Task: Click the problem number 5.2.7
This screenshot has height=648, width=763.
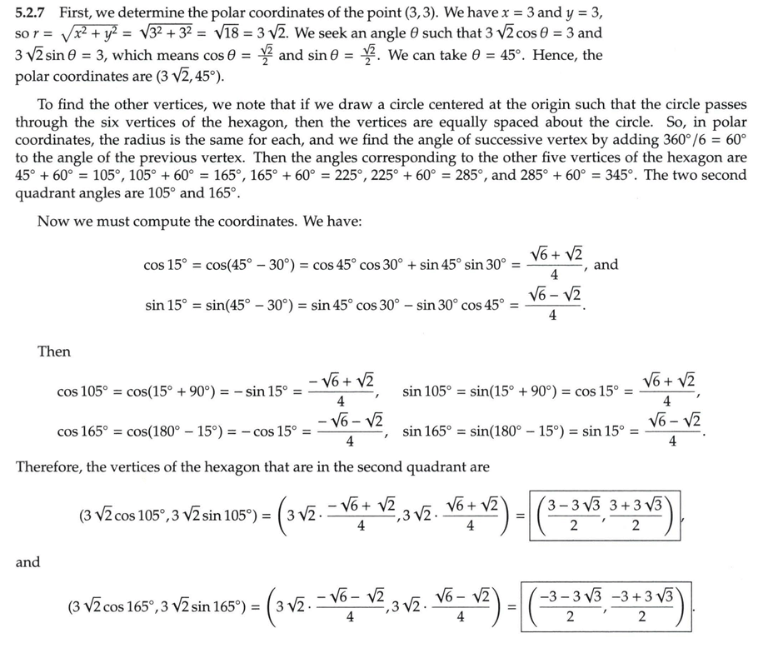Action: coord(32,13)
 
